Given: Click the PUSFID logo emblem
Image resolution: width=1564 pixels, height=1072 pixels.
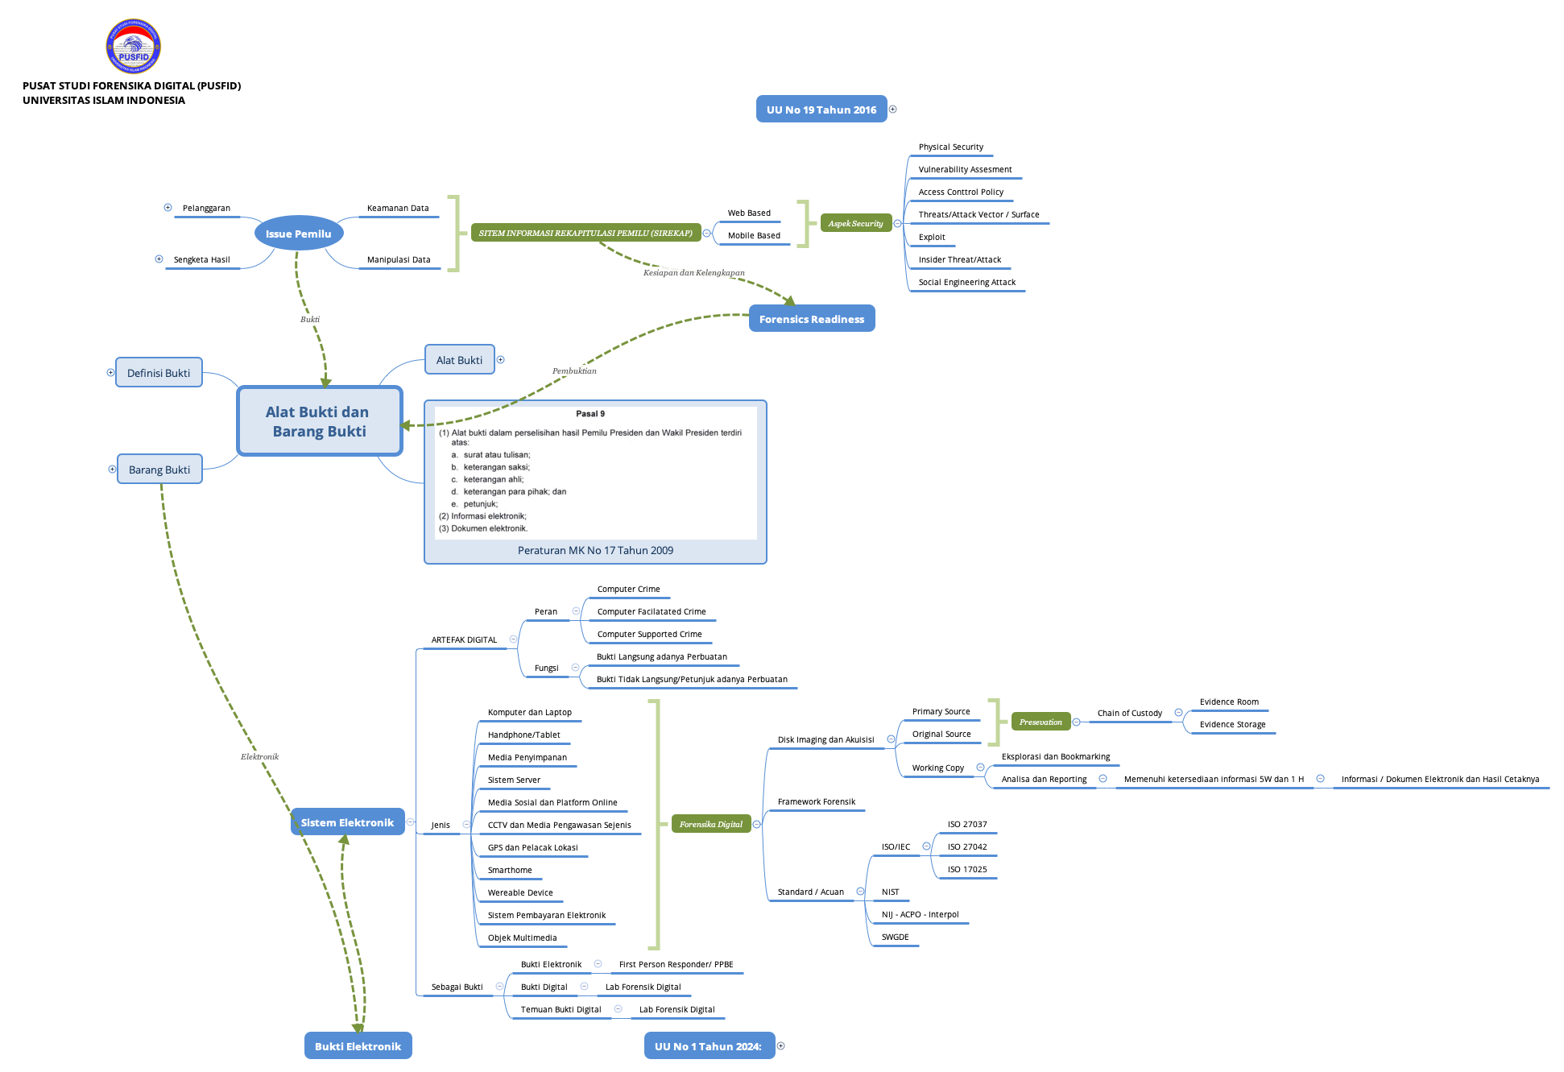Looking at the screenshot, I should click(x=134, y=47).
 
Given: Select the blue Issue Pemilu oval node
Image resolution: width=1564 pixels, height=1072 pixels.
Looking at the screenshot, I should click(x=299, y=234).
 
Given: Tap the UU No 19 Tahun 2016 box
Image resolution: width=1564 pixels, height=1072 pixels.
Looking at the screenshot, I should click(x=821, y=110).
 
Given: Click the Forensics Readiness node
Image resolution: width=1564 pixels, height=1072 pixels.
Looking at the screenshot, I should click(x=811, y=319).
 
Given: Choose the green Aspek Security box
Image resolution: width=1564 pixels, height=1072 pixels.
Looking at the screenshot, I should click(x=855, y=224).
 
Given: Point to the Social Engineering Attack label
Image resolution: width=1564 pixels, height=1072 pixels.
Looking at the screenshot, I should click(x=966, y=283).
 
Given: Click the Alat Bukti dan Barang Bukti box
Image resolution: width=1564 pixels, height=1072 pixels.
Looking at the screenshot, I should click(x=319, y=421).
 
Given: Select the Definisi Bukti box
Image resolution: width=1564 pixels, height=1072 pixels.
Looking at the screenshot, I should click(x=159, y=373).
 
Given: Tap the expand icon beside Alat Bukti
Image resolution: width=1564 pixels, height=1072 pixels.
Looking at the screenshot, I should click(x=500, y=360).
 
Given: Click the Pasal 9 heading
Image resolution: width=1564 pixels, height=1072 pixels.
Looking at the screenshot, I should click(x=590, y=414).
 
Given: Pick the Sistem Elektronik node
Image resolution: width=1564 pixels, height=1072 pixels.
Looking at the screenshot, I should click(x=347, y=822).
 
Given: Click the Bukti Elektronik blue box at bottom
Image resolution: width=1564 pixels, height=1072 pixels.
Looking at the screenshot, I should click(x=358, y=1046).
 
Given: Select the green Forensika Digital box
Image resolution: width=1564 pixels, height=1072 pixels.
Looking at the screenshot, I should click(x=710, y=824).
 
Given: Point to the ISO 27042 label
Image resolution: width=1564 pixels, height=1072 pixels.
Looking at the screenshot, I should click(x=966, y=847).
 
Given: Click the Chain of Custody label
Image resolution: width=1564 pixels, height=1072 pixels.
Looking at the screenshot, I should click(x=1129, y=714).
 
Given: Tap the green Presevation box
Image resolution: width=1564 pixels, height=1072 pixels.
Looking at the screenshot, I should click(x=1040, y=722).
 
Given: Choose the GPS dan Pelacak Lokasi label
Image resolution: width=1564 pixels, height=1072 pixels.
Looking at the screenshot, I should click(x=532, y=848).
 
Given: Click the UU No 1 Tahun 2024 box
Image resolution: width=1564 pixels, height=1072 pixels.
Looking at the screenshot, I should click(x=708, y=1046).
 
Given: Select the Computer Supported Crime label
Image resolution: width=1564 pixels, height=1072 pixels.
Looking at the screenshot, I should click(x=649, y=635).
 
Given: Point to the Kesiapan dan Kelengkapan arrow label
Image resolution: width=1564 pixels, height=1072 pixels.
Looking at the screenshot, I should click(x=693, y=273).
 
